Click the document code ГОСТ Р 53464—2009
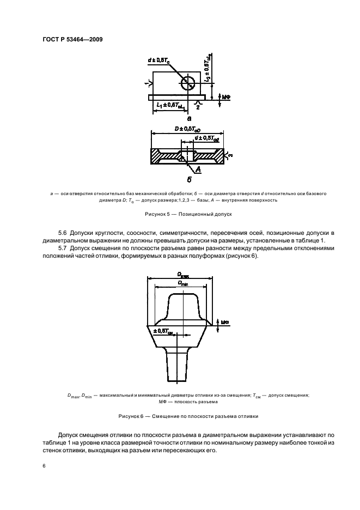point(72,39)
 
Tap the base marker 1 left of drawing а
point(145,83)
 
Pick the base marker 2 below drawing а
point(198,107)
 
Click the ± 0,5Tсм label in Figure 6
point(163,331)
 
